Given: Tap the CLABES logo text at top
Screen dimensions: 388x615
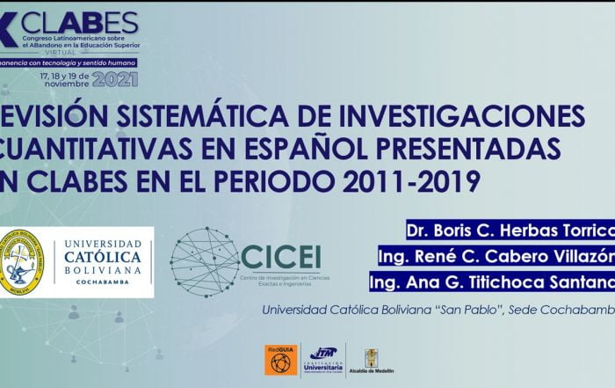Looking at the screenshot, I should pos(79,21).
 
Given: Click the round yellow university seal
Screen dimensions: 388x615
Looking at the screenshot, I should pos(22,262).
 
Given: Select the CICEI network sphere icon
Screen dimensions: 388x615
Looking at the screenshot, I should pos(204,262).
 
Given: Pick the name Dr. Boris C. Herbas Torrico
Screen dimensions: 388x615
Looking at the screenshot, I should pos(510,231).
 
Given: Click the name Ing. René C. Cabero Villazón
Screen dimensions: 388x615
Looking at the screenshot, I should pos(496,257).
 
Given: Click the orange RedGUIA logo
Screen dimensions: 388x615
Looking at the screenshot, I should pos(280,359).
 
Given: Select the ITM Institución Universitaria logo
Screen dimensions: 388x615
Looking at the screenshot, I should pos(323,359).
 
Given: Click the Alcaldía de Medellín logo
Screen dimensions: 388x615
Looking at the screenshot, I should pos(372,360).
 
